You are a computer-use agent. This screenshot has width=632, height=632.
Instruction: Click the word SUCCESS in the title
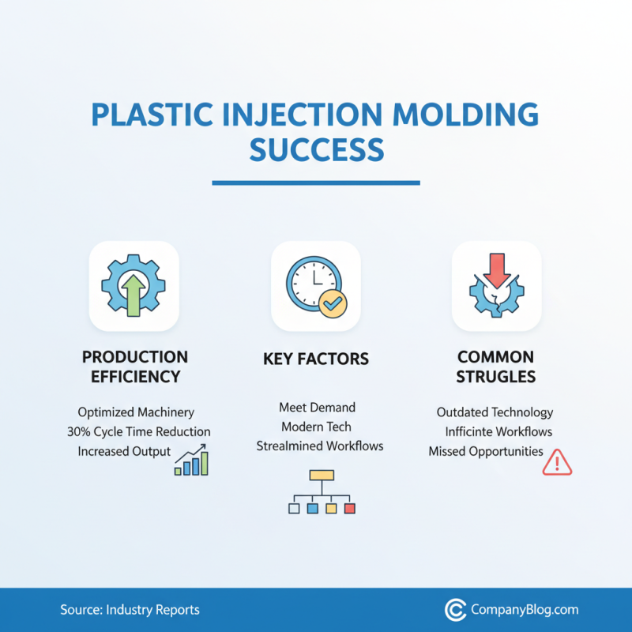point(316,149)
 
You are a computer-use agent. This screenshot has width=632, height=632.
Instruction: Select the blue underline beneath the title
point(316,183)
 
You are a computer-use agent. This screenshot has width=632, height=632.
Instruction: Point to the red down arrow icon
point(497,270)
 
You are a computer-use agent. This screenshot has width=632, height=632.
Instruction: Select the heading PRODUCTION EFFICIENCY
point(135,367)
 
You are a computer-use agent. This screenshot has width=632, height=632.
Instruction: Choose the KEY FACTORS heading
point(316,359)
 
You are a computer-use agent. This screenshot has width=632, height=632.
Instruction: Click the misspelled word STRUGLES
point(495,377)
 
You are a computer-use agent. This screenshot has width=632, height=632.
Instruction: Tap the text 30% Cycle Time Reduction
point(144,432)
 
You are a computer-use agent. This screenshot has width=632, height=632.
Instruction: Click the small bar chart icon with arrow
point(191,461)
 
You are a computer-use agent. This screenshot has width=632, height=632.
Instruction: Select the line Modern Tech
point(317,427)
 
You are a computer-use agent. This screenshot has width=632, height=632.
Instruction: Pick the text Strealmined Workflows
point(320,446)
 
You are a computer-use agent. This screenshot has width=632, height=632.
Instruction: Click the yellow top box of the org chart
point(322,476)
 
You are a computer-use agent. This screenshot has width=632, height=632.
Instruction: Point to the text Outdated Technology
point(495,412)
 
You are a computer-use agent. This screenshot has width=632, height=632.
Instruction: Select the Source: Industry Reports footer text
point(130,610)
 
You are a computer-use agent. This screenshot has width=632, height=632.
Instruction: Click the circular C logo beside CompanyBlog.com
point(454,610)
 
